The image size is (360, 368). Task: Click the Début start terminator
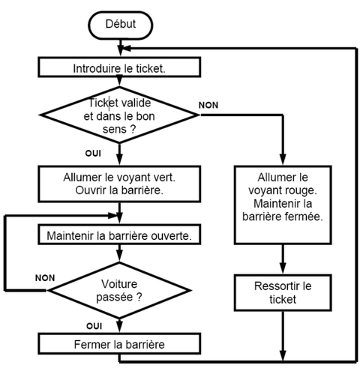(120, 25)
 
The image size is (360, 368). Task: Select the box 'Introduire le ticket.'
(119, 67)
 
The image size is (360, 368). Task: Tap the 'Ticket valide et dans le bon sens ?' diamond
(119, 115)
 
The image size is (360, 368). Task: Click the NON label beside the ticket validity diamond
(208, 105)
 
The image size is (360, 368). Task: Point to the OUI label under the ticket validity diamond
(93, 153)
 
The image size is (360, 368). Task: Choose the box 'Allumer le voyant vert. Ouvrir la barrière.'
(119, 184)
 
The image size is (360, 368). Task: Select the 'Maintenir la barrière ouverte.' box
(119, 235)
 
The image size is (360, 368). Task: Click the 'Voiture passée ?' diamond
(119, 290)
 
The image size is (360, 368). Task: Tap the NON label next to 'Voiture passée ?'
(45, 278)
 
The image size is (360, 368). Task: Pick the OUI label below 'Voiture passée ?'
(94, 326)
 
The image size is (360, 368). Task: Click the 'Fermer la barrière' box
(119, 343)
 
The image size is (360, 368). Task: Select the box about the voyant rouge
(283, 205)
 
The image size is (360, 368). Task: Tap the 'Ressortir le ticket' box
(283, 292)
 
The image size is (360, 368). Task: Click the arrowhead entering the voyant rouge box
(283, 160)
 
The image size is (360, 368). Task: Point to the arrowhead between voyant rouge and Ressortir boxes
(283, 268)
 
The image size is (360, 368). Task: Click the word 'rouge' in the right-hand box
(302, 190)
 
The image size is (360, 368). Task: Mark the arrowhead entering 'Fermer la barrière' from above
(119, 327)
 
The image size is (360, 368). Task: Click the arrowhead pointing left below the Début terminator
(127, 48)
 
